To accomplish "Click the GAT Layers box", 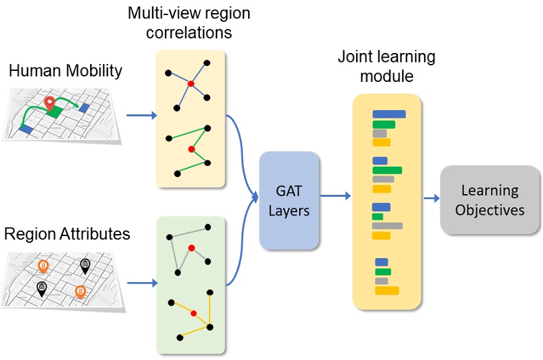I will click(289, 200).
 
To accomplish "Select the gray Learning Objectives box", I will click(489, 200).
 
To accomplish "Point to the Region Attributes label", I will click(67, 233).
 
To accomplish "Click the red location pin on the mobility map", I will click(49, 105).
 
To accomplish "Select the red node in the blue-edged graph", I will click(191, 84).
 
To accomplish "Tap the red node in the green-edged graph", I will click(192, 149).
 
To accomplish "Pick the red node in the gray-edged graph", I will click(192, 248).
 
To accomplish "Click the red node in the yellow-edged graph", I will click(194, 314).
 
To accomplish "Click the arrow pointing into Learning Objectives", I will click(431, 199).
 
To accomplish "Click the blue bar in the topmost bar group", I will click(388, 114).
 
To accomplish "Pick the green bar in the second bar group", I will click(386, 170).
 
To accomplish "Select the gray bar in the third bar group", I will click(387, 226).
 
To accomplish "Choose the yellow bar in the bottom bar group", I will click(386, 290).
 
